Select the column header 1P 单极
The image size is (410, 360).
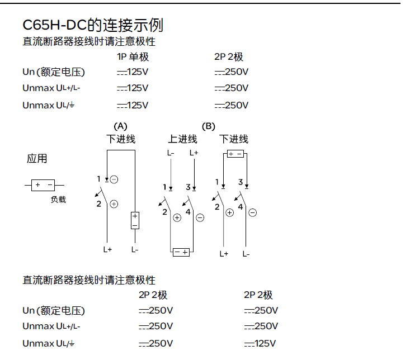point(133,57)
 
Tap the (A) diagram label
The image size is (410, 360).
point(120,126)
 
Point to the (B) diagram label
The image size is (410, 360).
point(208,126)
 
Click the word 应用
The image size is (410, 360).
point(37,159)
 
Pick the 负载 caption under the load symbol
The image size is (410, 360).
point(58,199)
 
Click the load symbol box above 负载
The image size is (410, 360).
point(44,184)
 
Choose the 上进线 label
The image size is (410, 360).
point(182,139)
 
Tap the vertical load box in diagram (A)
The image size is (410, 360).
point(135,220)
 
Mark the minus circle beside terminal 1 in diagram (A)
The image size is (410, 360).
point(114,179)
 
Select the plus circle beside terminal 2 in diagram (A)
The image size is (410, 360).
point(114,204)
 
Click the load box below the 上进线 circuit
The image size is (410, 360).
point(181,253)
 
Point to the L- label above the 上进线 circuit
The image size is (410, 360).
point(171,153)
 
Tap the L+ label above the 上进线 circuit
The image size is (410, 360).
point(194,153)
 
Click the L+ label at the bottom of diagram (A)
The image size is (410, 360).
point(107,250)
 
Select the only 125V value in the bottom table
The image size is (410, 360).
point(261,343)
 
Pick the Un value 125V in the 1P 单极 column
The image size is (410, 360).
point(133,72)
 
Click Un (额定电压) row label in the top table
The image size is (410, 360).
point(54,72)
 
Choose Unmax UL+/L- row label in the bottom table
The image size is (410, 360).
point(51,326)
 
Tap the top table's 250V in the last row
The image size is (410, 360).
point(232,105)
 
